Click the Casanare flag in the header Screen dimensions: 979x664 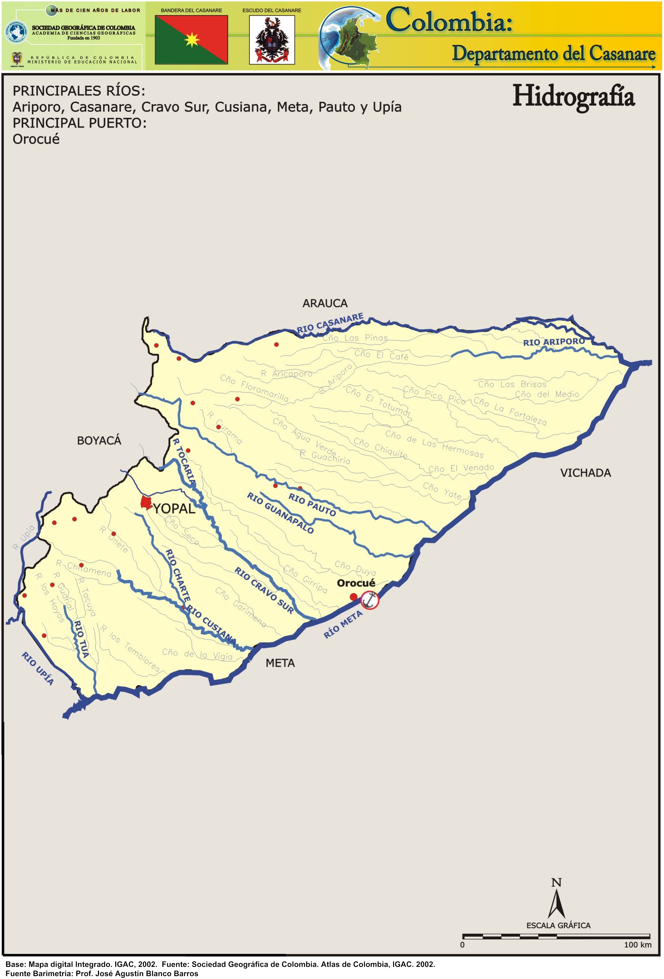pyautogui.click(x=191, y=40)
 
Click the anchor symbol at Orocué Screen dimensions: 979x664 pyautogui.click(x=370, y=600)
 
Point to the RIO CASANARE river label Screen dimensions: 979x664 pyautogui.click(x=330, y=323)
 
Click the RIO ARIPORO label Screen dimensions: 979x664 pyautogui.click(x=553, y=341)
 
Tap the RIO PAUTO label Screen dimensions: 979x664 pyautogui.click(x=312, y=505)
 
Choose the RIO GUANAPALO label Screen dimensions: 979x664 pyautogui.click(x=280, y=513)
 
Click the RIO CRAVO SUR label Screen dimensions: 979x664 pyautogui.click(x=264, y=590)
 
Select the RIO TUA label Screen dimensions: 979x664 pyautogui.click(x=81, y=639)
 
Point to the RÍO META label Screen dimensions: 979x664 pyautogui.click(x=343, y=625)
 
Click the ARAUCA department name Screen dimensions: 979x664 pyautogui.click(x=325, y=303)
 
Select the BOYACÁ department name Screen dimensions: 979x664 pyautogui.click(x=99, y=441)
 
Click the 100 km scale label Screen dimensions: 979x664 pyautogui.click(x=637, y=945)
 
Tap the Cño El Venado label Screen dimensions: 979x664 pyautogui.click(x=461, y=468)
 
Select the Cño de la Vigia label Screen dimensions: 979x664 pyautogui.click(x=197, y=654)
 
